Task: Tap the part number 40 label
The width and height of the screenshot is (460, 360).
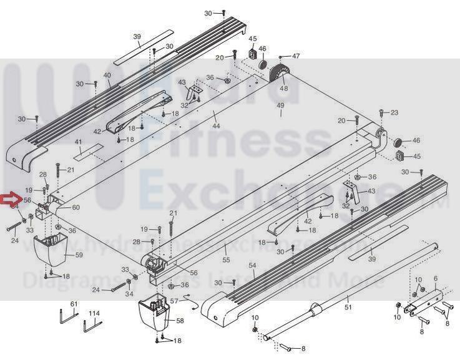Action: pos(107,75)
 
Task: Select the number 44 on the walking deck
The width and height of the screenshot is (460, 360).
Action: pos(216,126)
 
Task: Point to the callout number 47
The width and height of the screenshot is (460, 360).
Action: pos(296,56)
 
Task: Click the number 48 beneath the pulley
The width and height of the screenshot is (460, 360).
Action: pos(284,89)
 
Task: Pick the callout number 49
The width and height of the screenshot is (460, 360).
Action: pos(280,105)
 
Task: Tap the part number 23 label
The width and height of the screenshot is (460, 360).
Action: pos(394,112)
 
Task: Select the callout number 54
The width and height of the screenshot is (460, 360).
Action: pos(252,266)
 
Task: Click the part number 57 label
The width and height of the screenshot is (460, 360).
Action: pos(175,301)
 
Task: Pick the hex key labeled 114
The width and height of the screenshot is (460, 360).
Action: pos(91,324)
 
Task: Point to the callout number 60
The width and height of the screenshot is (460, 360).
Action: pos(76,207)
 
